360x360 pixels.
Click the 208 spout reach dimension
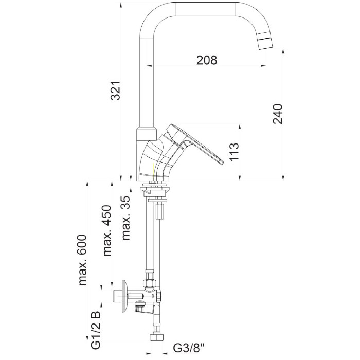(x=207, y=60)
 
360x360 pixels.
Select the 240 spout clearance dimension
(x=278, y=114)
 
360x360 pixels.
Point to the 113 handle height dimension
(x=234, y=152)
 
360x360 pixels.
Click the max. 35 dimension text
(x=126, y=218)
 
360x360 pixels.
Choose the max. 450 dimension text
(x=107, y=230)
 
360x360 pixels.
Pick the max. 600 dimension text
(x=83, y=260)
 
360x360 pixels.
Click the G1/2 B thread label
(x=96, y=330)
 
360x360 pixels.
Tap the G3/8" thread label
(x=189, y=348)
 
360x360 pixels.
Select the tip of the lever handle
(x=222, y=163)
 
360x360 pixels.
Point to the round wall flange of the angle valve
(x=124, y=296)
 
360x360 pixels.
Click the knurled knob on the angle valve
(x=158, y=296)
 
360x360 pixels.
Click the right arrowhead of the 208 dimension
(x=263, y=66)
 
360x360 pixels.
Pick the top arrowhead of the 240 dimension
(x=283, y=51)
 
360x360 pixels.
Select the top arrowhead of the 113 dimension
(x=240, y=128)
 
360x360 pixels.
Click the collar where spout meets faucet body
(x=146, y=134)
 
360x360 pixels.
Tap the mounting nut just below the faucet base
(x=155, y=189)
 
